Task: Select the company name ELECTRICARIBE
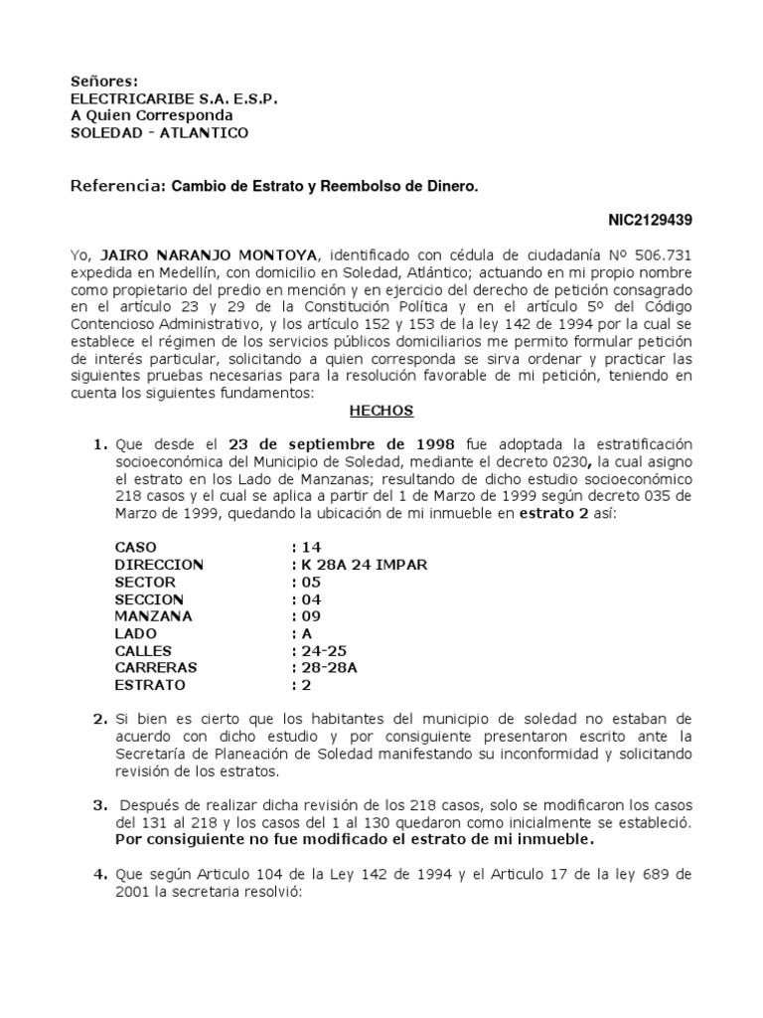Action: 132,98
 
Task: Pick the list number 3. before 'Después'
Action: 99,804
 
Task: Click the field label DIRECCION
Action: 159,565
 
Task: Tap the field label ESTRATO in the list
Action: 150,685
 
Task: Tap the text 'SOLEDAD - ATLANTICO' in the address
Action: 159,133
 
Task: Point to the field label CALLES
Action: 145,650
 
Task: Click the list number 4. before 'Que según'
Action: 99,875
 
